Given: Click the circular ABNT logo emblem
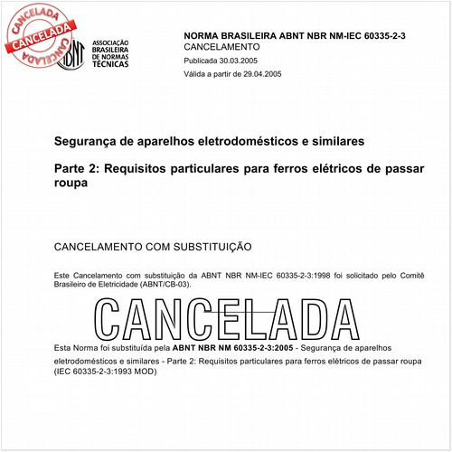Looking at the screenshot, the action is pyautogui.click(x=73, y=54).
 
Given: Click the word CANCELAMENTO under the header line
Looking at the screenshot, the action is pyautogui.click(x=221, y=45).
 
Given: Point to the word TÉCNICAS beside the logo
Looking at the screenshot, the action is pyautogui.click(x=115, y=69).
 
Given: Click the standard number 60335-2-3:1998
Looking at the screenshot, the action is pyautogui.click(x=274, y=274).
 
